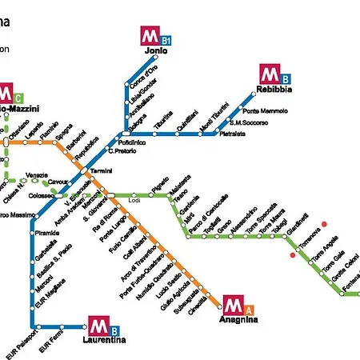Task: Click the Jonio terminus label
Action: point(156,50)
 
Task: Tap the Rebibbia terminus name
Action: point(275,89)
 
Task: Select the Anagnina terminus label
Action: point(239,318)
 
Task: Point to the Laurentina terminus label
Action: point(104,340)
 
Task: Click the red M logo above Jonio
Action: point(149,35)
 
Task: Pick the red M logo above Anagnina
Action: point(233,304)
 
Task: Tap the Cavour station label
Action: point(58,182)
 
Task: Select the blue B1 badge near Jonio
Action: point(166,39)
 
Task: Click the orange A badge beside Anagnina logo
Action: point(249,309)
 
